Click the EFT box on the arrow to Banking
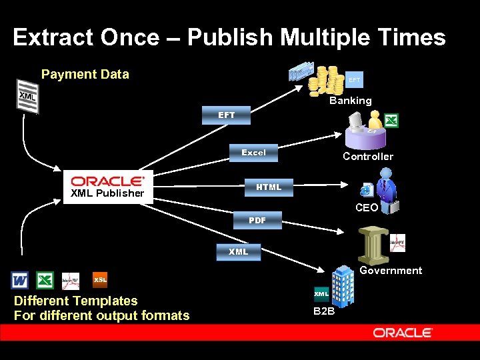[x=227, y=115]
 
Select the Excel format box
[x=253, y=153]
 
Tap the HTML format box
[x=269, y=187]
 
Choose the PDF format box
[x=257, y=220]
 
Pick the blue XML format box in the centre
[x=238, y=251]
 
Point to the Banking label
[x=351, y=101]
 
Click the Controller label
[x=368, y=157]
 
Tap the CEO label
[x=367, y=208]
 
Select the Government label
[x=391, y=271]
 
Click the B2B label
[x=323, y=311]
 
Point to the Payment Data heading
[x=85, y=74]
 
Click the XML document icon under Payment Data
[x=27, y=96]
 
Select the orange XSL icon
[x=99, y=279]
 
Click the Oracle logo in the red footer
[x=403, y=333]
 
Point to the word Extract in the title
[x=53, y=37]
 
